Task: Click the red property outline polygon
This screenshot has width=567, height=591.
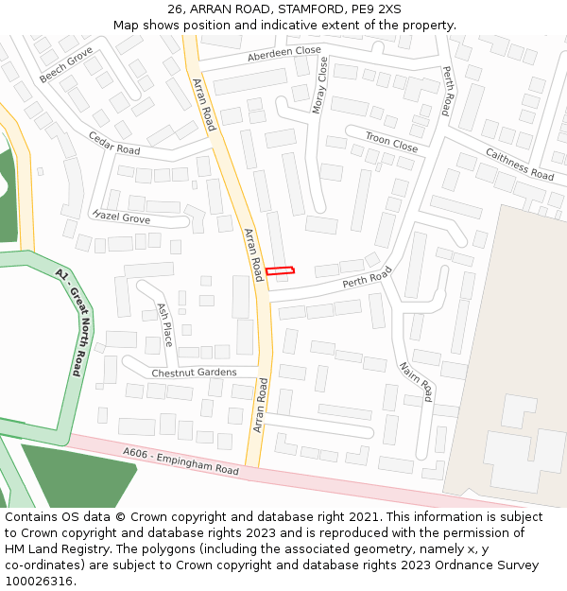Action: [280, 271]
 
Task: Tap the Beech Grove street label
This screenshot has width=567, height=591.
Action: [66, 64]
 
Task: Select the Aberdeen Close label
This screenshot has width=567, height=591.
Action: [284, 55]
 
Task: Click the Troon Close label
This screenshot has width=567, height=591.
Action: [391, 143]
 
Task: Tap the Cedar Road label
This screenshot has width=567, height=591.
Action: [114, 144]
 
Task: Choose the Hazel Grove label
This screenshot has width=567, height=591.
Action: [122, 217]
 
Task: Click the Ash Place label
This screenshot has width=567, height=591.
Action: [164, 324]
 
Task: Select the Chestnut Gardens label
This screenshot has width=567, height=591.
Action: [194, 373]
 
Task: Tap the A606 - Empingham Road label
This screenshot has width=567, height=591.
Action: [180, 461]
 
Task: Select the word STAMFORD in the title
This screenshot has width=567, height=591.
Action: [304, 9]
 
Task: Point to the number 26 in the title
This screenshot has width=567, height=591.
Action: [175, 9]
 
